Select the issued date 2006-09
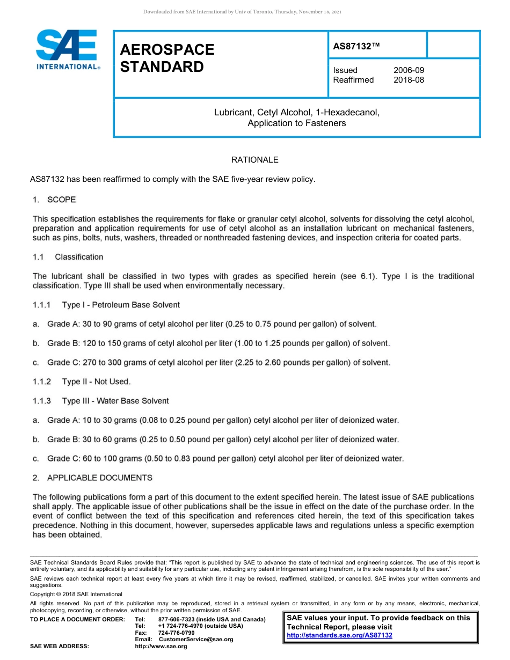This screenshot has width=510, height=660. tap(409, 70)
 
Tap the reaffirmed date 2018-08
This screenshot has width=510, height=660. tap(409, 80)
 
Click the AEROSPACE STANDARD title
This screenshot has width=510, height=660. tap(167, 58)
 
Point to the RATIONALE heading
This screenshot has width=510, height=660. tap(254, 160)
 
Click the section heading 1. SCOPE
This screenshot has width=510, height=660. tap(54, 200)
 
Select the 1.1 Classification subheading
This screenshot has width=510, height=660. tap(68, 257)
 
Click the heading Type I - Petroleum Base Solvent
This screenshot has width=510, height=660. tap(121, 305)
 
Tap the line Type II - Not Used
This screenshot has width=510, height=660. tap(96, 382)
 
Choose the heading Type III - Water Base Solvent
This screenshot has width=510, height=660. tap(115, 401)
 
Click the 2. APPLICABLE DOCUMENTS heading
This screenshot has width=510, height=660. tap(92, 478)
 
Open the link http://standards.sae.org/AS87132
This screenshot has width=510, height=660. tap(339, 635)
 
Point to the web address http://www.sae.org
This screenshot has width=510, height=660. tap(161, 647)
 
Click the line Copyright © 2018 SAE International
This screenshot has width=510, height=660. tap(76, 594)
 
